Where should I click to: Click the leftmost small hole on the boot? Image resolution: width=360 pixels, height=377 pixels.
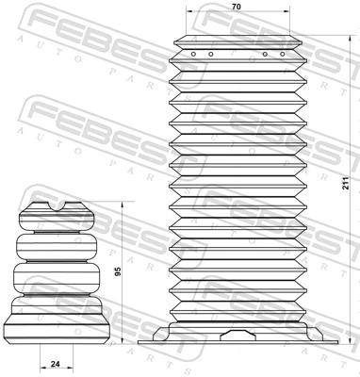pos(192,54)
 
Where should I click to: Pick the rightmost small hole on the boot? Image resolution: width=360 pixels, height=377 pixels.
pos(281,54)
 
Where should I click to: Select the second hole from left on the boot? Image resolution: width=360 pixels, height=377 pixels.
pos(209,54)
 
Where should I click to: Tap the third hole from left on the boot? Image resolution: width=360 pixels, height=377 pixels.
pos(265,54)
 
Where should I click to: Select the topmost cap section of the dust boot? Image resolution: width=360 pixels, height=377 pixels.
pos(237,42)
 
